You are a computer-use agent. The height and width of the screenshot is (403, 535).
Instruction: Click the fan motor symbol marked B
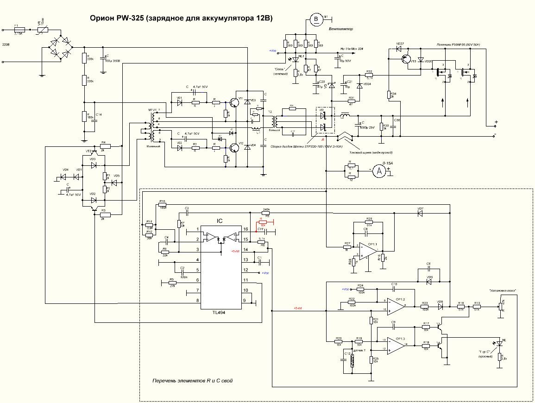tap(317, 19)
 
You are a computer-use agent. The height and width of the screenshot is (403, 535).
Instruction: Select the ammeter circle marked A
tap(378, 171)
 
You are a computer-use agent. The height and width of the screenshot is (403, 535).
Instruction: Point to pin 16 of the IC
tap(246, 229)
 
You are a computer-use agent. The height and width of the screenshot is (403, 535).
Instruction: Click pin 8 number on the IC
tap(198, 301)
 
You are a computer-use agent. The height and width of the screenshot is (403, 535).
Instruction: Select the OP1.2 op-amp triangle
tap(396, 304)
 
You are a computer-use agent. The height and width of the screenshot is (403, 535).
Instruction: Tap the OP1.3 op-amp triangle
tap(396, 345)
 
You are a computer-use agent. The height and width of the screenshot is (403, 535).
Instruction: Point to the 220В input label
tap(6, 44)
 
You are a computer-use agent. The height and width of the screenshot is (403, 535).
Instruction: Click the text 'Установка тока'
tap(502, 290)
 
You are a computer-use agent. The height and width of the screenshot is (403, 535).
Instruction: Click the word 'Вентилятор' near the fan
tap(341, 29)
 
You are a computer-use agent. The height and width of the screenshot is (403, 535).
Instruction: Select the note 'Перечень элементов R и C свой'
tap(193, 381)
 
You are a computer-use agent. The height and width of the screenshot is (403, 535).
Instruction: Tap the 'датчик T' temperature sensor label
tap(359, 351)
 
